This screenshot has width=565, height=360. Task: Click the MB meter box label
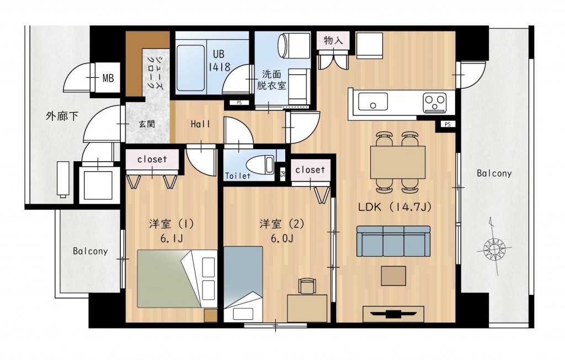(x=108, y=78)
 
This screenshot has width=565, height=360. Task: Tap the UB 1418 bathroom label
(x=219, y=61)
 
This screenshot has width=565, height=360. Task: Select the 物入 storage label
(x=333, y=40)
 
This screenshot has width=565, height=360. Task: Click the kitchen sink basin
(x=373, y=102)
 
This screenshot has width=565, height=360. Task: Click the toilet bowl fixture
(x=259, y=165)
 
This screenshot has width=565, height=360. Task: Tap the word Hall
(x=200, y=124)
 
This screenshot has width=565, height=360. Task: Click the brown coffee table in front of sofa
(x=393, y=276)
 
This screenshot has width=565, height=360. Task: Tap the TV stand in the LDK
(x=393, y=314)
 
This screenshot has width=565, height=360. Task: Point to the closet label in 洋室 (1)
(x=152, y=160)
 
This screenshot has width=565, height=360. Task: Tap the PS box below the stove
(x=447, y=124)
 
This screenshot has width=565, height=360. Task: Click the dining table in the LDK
(x=397, y=162)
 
